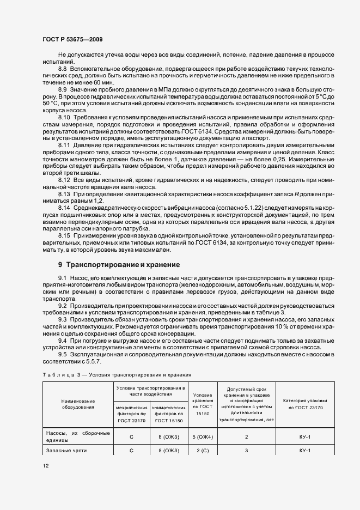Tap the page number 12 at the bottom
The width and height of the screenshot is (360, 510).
46,465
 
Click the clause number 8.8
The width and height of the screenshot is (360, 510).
62,70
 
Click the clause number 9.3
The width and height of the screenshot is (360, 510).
62,319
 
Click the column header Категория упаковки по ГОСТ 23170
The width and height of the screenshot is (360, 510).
305,403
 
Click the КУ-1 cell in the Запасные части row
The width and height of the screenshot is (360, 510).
305,450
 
